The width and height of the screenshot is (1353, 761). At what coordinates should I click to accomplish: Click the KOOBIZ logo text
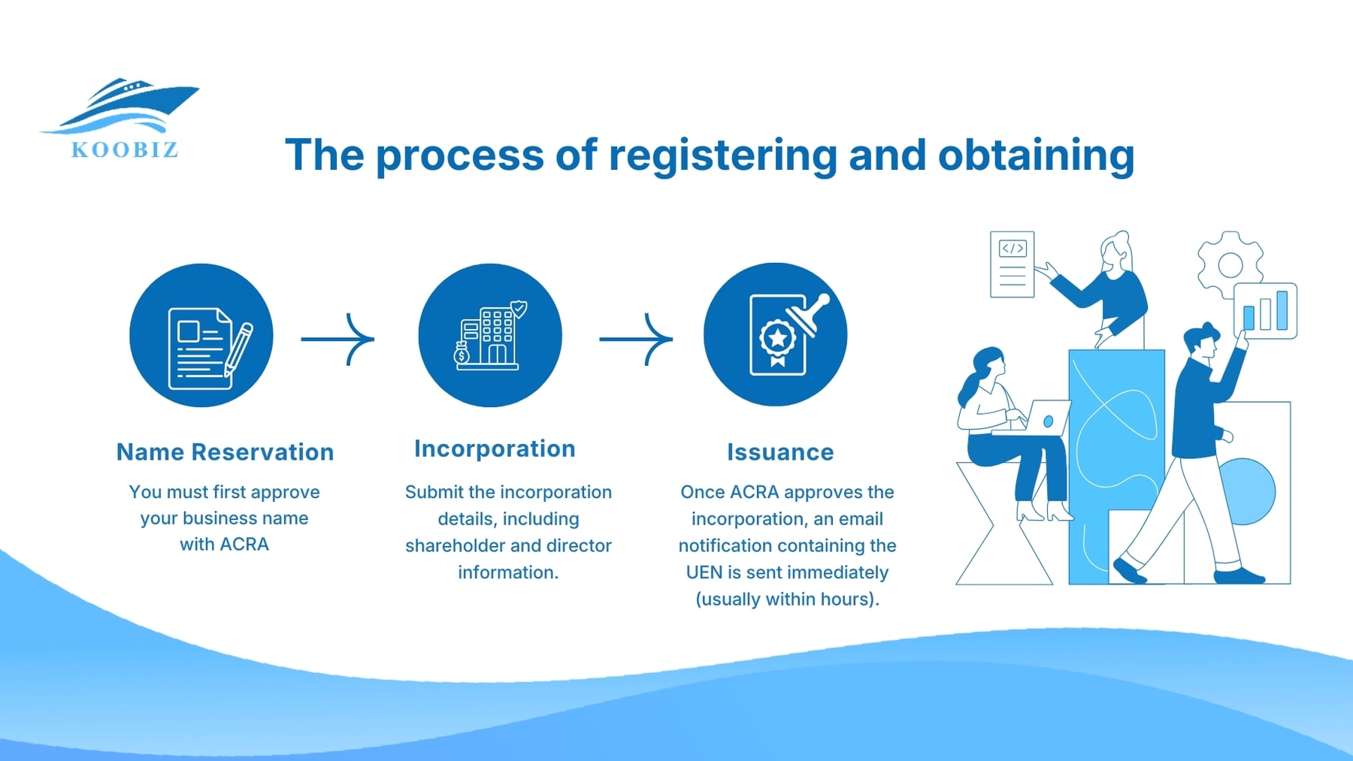[125, 149]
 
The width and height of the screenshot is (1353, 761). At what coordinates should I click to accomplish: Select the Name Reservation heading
[225, 452]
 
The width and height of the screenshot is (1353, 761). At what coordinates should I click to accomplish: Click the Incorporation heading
[495, 448]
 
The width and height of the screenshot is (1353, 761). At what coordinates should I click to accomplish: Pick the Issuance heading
[780, 452]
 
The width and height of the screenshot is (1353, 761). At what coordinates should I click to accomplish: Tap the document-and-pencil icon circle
[201, 335]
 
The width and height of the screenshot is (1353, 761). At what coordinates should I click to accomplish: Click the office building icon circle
[490, 335]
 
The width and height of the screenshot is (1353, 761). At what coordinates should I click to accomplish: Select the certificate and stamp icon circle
[775, 335]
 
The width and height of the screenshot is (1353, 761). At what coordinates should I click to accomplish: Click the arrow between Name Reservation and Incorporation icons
[338, 339]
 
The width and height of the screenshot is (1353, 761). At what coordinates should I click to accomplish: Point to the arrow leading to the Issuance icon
[636, 339]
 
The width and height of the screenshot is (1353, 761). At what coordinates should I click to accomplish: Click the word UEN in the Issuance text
[704, 572]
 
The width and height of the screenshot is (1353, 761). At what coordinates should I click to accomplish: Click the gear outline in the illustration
[1230, 264]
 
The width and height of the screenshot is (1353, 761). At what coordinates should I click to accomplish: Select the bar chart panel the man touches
[1266, 310]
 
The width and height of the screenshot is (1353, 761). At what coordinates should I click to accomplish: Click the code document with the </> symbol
[1012, 264]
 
